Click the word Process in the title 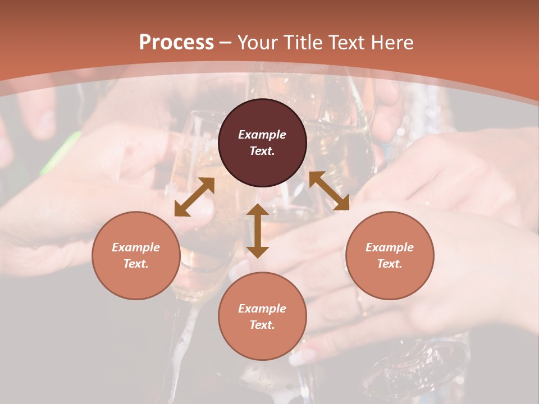pos(176,43)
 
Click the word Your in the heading pos(258,43)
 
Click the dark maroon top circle pos(262,143)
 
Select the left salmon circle pos(136,255)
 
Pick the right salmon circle pos(390,255)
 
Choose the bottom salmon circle pos(262,316)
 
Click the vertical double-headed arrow pos(258,231)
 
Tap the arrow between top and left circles pos(194,197)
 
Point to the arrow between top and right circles pos(329,191)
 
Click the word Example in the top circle pos(262,135)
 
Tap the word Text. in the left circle pos(136,264)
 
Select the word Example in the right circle pos(390,247)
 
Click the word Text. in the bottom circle pos(262,325)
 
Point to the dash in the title pos(226,43)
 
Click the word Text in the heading pos(347,43)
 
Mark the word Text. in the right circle pos(390,264)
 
